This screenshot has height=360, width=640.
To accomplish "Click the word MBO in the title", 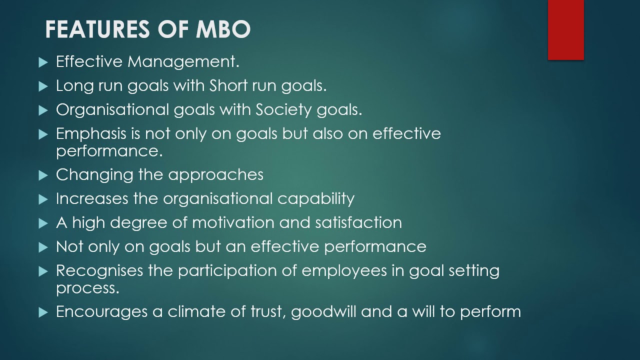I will point(223,29).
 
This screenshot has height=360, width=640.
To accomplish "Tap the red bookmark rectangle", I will point(565,30).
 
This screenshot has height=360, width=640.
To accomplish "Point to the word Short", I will point(228,85).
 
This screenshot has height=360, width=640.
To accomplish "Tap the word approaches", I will point(215,175).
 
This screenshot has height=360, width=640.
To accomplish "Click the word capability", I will point(316,198).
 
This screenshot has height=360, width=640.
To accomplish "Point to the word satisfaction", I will point(358,222).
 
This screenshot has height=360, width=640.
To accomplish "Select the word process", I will point(87,288).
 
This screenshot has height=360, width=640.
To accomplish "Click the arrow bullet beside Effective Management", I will point(42,62).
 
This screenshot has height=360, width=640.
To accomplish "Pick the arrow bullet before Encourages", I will point(42,312).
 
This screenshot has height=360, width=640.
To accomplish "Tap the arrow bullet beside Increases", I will point(42,199).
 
